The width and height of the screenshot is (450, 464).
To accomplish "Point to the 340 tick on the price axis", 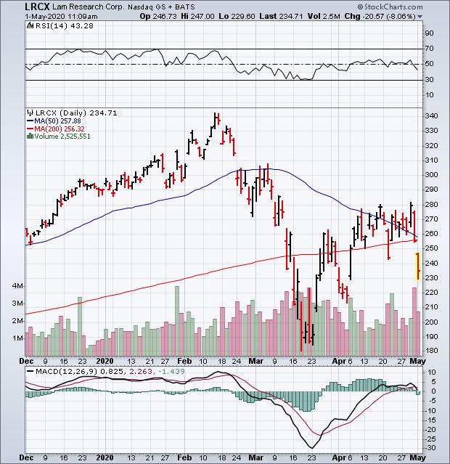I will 431,116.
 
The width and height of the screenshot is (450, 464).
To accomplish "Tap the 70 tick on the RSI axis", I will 429,49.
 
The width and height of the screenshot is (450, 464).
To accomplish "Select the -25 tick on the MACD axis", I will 430,439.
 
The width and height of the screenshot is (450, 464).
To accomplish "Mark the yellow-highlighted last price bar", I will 417,266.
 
